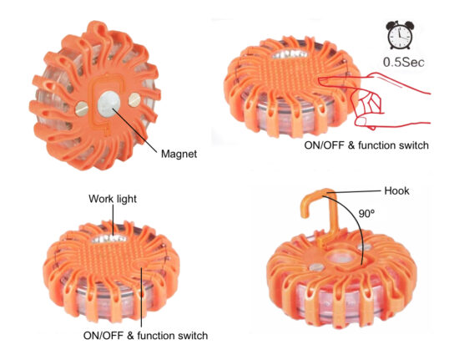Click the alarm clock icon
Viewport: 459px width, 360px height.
coord(400,35)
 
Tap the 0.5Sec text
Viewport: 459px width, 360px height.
coord(404,62)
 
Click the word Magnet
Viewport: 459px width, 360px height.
coord(179,154)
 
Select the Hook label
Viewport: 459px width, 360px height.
coord(396,190)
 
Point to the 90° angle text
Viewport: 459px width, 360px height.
coord(366,214)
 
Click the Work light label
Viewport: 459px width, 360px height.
coord(113,199)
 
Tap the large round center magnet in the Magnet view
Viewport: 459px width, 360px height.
coord(108,104)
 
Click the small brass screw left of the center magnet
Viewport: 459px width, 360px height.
coord(81,109)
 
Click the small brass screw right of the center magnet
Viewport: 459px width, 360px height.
coord(134,99)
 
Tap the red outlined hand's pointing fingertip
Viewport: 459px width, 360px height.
coord(320,81)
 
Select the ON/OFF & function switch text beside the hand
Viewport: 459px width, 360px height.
coord(366,145)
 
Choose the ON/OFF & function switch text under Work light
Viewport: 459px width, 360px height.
coord(145,336)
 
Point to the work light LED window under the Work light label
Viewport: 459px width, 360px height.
coord(108,239)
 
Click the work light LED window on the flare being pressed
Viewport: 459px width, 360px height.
coord(290,54)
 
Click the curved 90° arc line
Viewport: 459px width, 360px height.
coord(356,222)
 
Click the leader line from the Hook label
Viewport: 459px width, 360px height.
coord(354,192)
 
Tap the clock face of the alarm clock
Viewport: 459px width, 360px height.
coord(400,38)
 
